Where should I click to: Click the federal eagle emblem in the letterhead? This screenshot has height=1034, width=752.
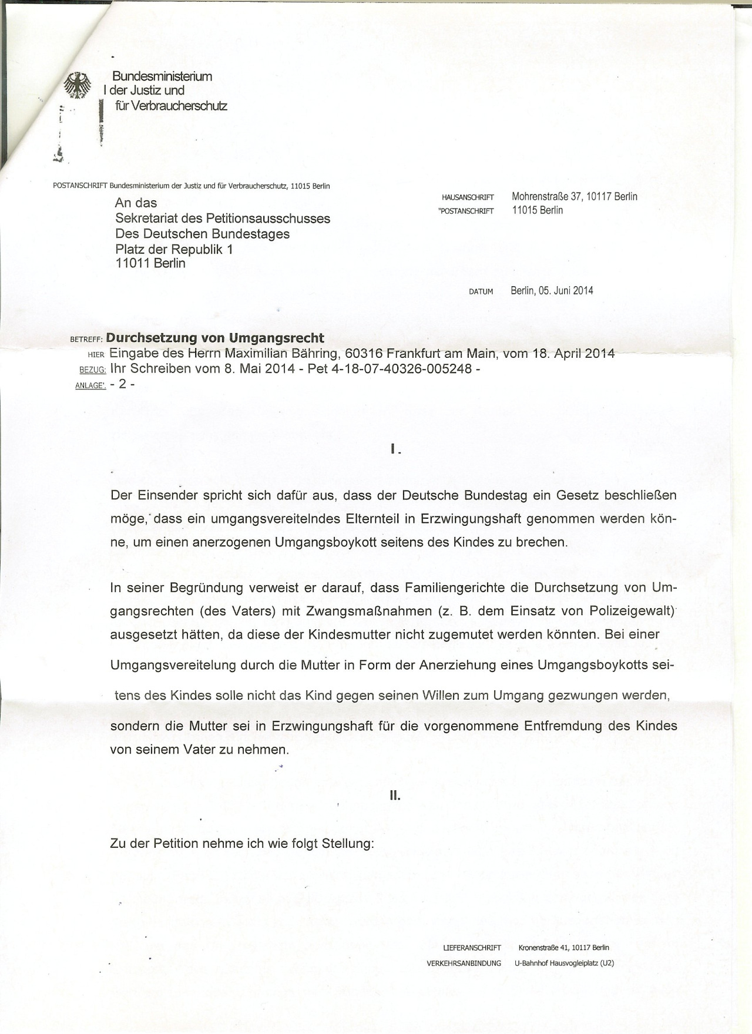pyautogui.click(x=78, y=86)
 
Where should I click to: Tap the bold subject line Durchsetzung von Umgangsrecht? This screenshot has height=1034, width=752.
pyautogui.click(x=215, y=338)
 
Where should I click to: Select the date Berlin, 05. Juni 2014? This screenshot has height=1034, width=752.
pyautogui.click(x=552, y=290)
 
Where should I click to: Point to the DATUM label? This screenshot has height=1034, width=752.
pyautogui.click(x=481, y=291)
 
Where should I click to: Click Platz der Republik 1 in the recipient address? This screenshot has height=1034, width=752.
pyautogui.click(x=174, y=249)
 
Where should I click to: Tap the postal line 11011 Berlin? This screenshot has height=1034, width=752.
pyautogui.click(x=150, y=263)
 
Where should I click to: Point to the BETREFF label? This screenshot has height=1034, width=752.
pyautogui.click(x=86, y=339)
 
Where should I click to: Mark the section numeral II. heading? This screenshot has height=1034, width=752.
pyautogui.click(x=395, y=796)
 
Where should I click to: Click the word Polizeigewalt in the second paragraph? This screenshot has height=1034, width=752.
pyautogui.click(x=631, y=611)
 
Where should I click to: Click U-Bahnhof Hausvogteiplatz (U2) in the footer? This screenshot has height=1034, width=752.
pyautogui.click(x=564, y=963)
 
